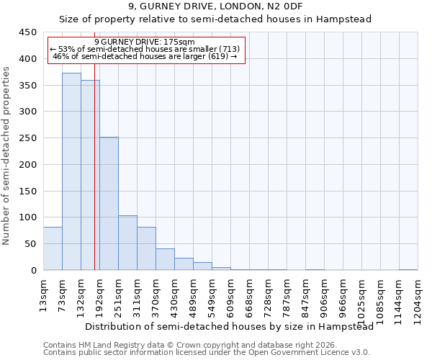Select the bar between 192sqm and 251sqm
click(x=109, y=204)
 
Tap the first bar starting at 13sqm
click(x=53, y=248)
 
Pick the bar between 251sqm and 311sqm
click(x=127, y=243)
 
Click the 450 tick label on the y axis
click(x=27, y=32)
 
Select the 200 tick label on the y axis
click(x=27, y=164)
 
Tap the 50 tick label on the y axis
click(x=30, y=244)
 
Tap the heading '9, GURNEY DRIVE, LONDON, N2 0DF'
click(x=215, y=6)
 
